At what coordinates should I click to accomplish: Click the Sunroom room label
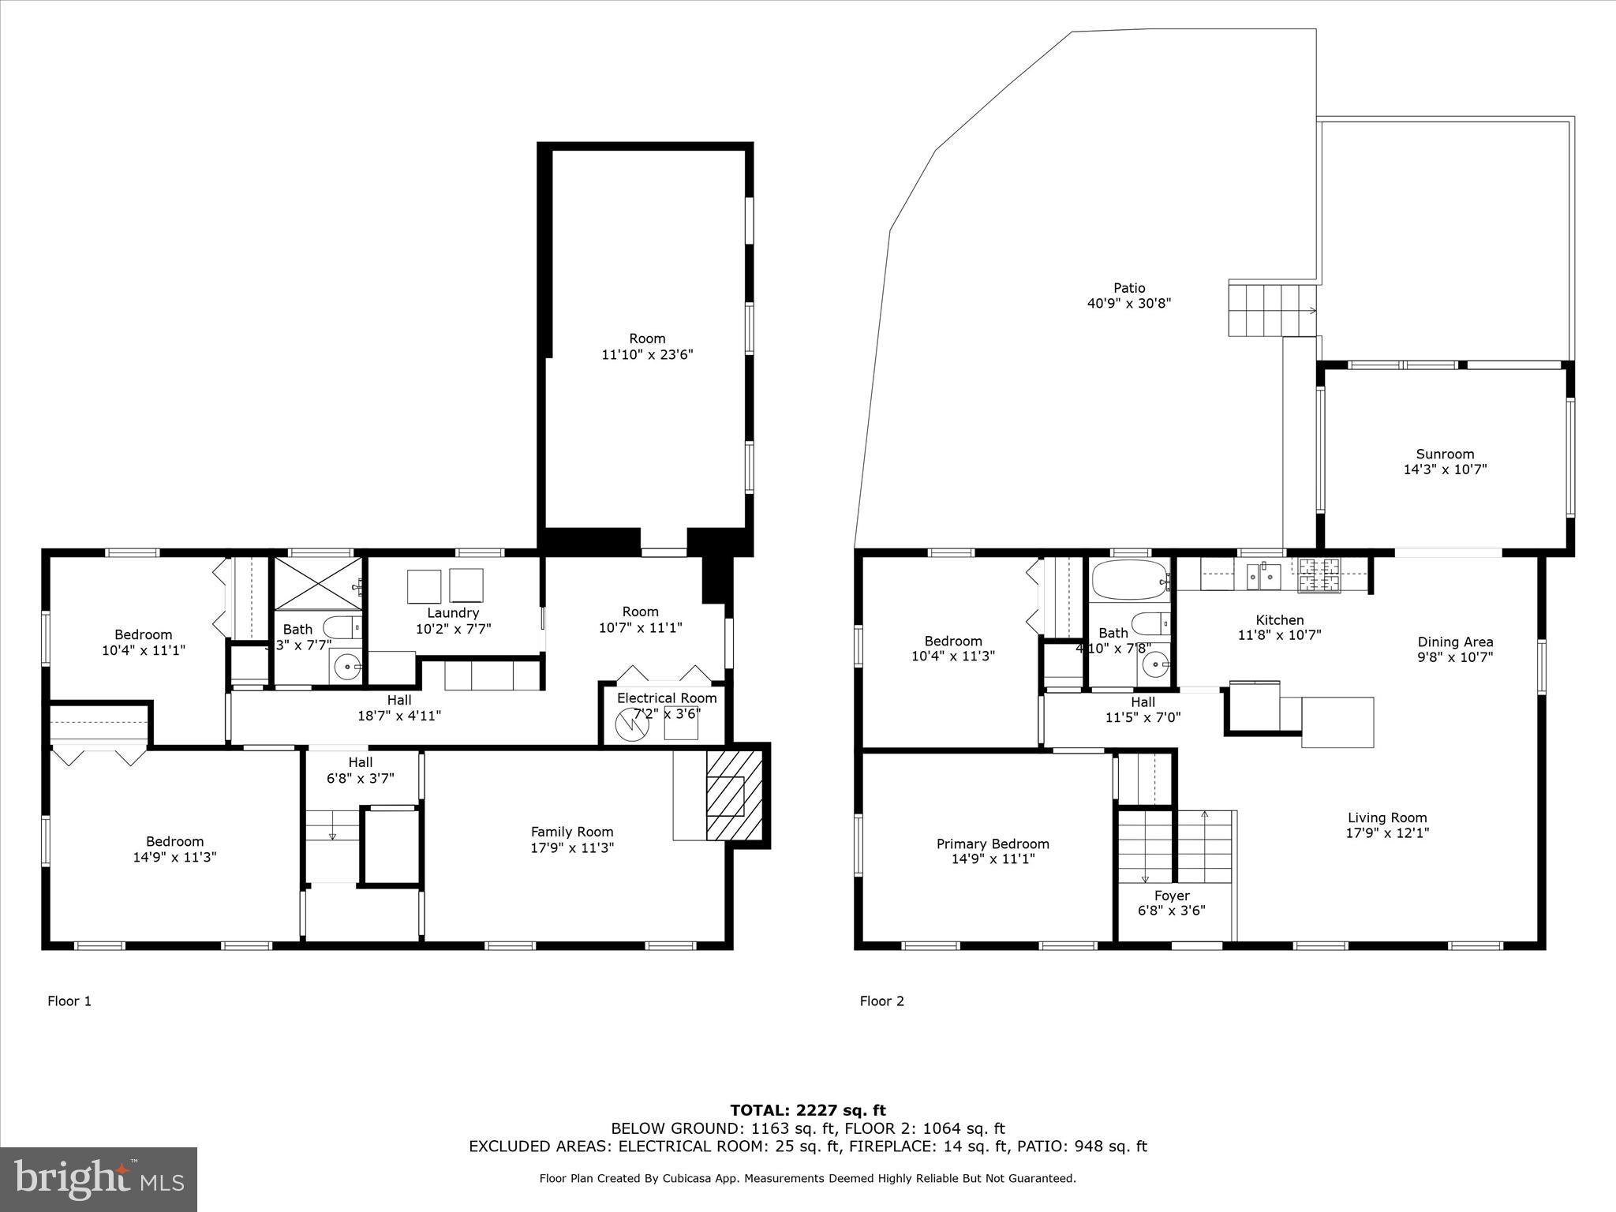(1445, 454)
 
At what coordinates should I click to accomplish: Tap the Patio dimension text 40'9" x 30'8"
(1129, 303)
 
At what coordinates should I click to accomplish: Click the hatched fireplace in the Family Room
(735, 795)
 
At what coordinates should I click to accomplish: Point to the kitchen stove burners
(1319, 574)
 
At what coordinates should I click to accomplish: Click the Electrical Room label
(667, 698)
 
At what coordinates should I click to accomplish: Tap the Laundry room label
(453, 613)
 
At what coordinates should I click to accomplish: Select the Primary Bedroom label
(993, 844)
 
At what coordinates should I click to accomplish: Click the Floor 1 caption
(69, 1001)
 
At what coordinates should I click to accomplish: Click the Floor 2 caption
(881, 1001)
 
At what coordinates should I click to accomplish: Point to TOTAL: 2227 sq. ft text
(807, 1111)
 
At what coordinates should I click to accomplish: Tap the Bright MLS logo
(99, 1179)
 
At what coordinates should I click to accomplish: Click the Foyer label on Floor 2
(1171, 896)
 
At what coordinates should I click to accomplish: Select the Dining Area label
(1455, 642)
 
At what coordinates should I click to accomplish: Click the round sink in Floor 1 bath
(347, 668)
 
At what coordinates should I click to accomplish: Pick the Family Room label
(571, 832)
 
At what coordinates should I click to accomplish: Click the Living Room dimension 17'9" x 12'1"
(1387, 832)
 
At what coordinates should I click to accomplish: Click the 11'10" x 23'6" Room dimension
(647, 354)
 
